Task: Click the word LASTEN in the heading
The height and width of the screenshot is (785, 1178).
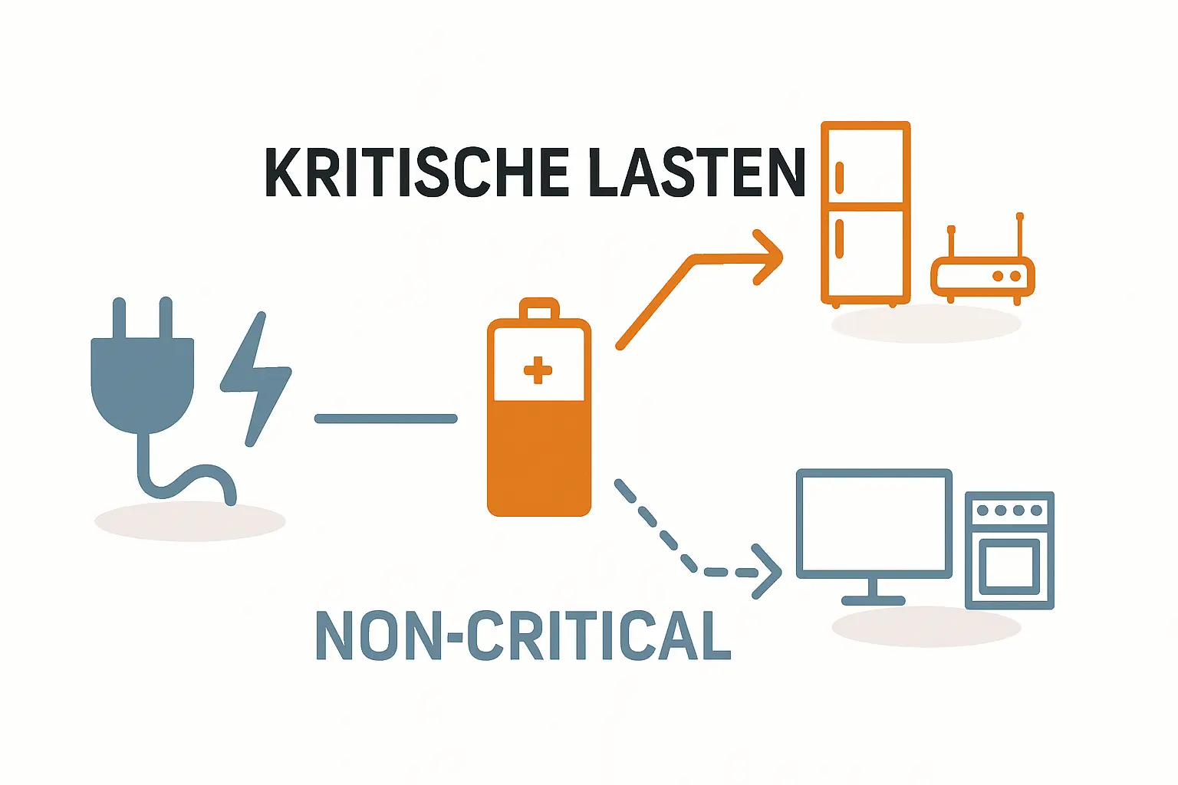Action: point(697,172)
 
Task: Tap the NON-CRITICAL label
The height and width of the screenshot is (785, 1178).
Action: point(523,636)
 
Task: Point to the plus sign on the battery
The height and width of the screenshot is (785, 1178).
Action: point(538,370)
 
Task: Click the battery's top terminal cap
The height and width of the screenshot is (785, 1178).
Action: point(538,310)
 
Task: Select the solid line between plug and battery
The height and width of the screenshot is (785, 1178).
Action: point(386,419)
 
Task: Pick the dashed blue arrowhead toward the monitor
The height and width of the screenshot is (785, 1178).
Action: point(767,572)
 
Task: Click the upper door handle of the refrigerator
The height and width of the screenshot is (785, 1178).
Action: point(839,178)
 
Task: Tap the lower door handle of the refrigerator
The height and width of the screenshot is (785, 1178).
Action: point(839,238)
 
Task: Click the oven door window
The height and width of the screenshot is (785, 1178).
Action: point(1009,566)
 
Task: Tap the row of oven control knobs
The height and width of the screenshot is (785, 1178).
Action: point(1009,511)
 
